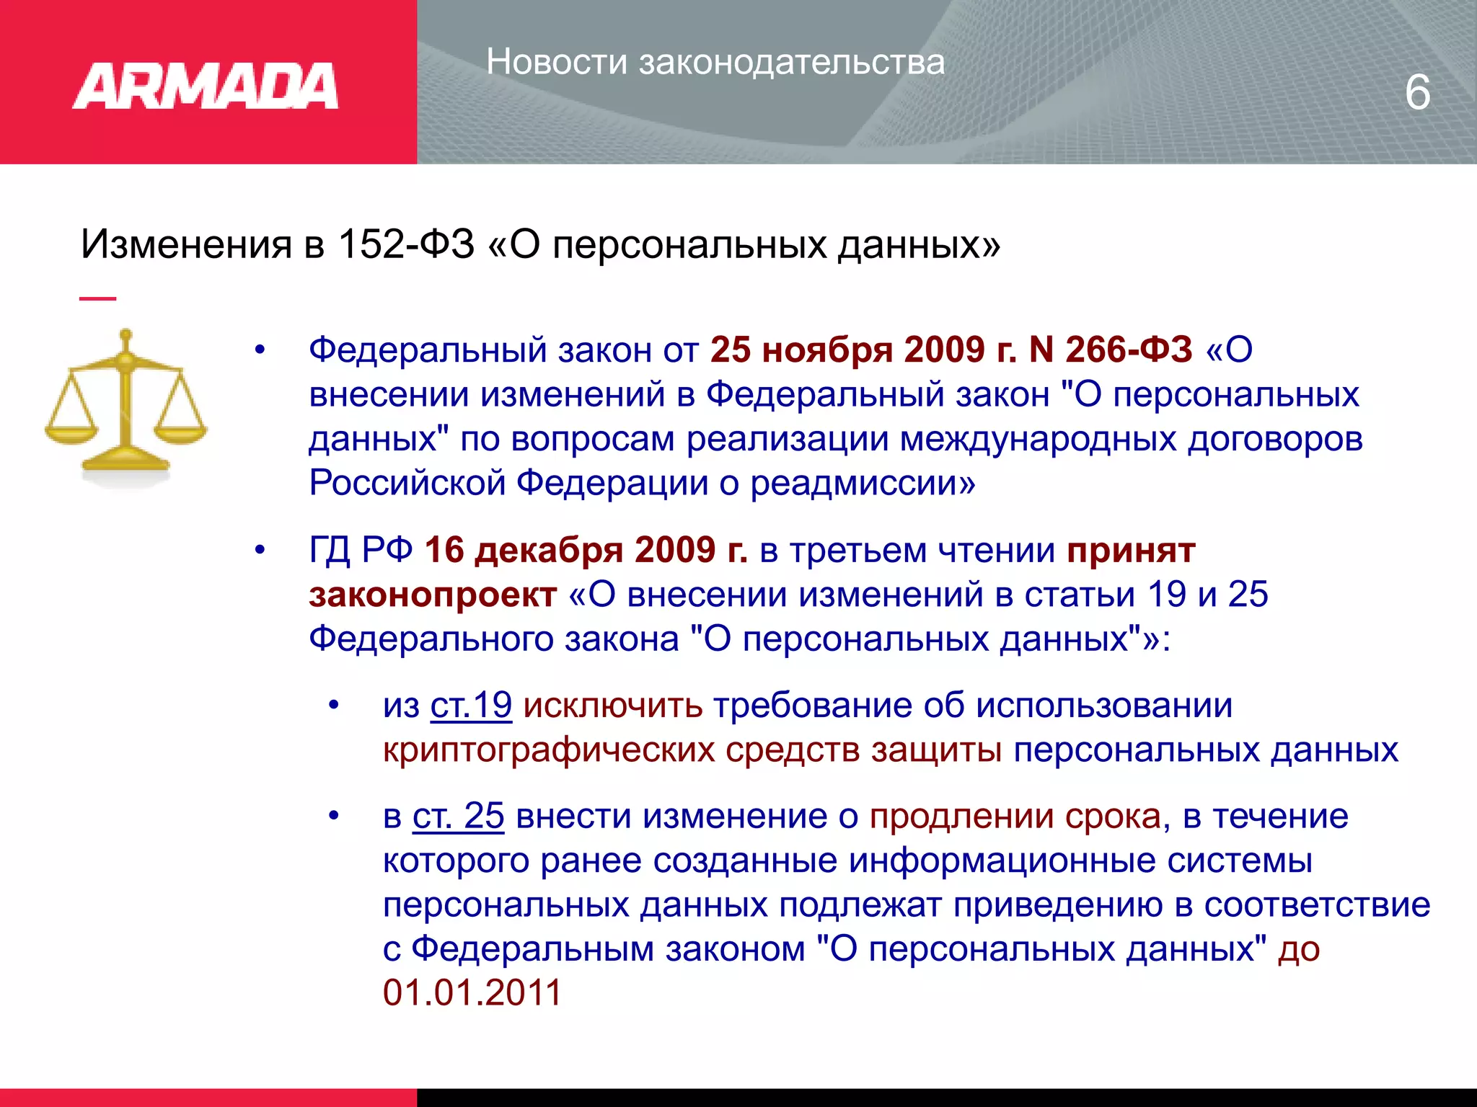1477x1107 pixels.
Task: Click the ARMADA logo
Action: point(206,86)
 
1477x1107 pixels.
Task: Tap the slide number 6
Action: point(1417,93)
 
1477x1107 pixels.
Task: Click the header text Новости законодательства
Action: point(715,62)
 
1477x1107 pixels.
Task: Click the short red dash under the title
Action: point(97,298)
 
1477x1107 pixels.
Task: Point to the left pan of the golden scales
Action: point(70,433)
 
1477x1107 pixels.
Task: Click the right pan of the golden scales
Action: point(180,432)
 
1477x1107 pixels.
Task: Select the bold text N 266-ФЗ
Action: point(1111,350)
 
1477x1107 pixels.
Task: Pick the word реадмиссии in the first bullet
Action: point(863,483)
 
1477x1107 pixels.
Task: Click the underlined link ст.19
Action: point(471,705)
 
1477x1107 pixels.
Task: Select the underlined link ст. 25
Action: point(458,816)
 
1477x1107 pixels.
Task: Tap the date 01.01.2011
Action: point(472,992)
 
